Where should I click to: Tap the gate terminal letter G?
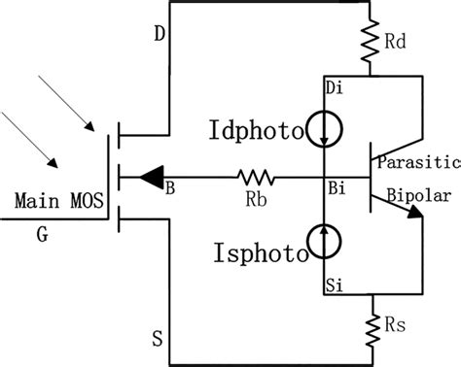click(x=43, y=233)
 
